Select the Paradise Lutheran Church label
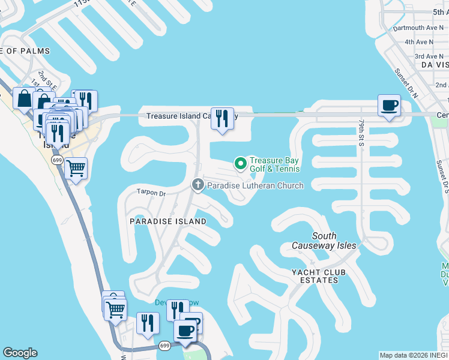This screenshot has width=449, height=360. [x=255, y=186]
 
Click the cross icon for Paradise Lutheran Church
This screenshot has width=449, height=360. [x=198, y=185]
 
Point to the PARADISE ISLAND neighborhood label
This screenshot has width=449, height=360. [x=168, y=221]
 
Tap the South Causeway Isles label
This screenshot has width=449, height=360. [x=324, y=241]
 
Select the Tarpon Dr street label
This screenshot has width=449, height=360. [x=151, y=193]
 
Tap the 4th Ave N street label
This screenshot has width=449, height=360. [x=419, y=42]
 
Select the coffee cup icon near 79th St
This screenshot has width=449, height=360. [x=389, y=106]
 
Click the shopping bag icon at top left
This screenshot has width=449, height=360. [x=24, y=98]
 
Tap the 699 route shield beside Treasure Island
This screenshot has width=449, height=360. [x=58, y=160]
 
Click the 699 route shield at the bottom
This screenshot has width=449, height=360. [x=165, y=346]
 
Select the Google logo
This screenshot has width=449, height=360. [x=20, y=353]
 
